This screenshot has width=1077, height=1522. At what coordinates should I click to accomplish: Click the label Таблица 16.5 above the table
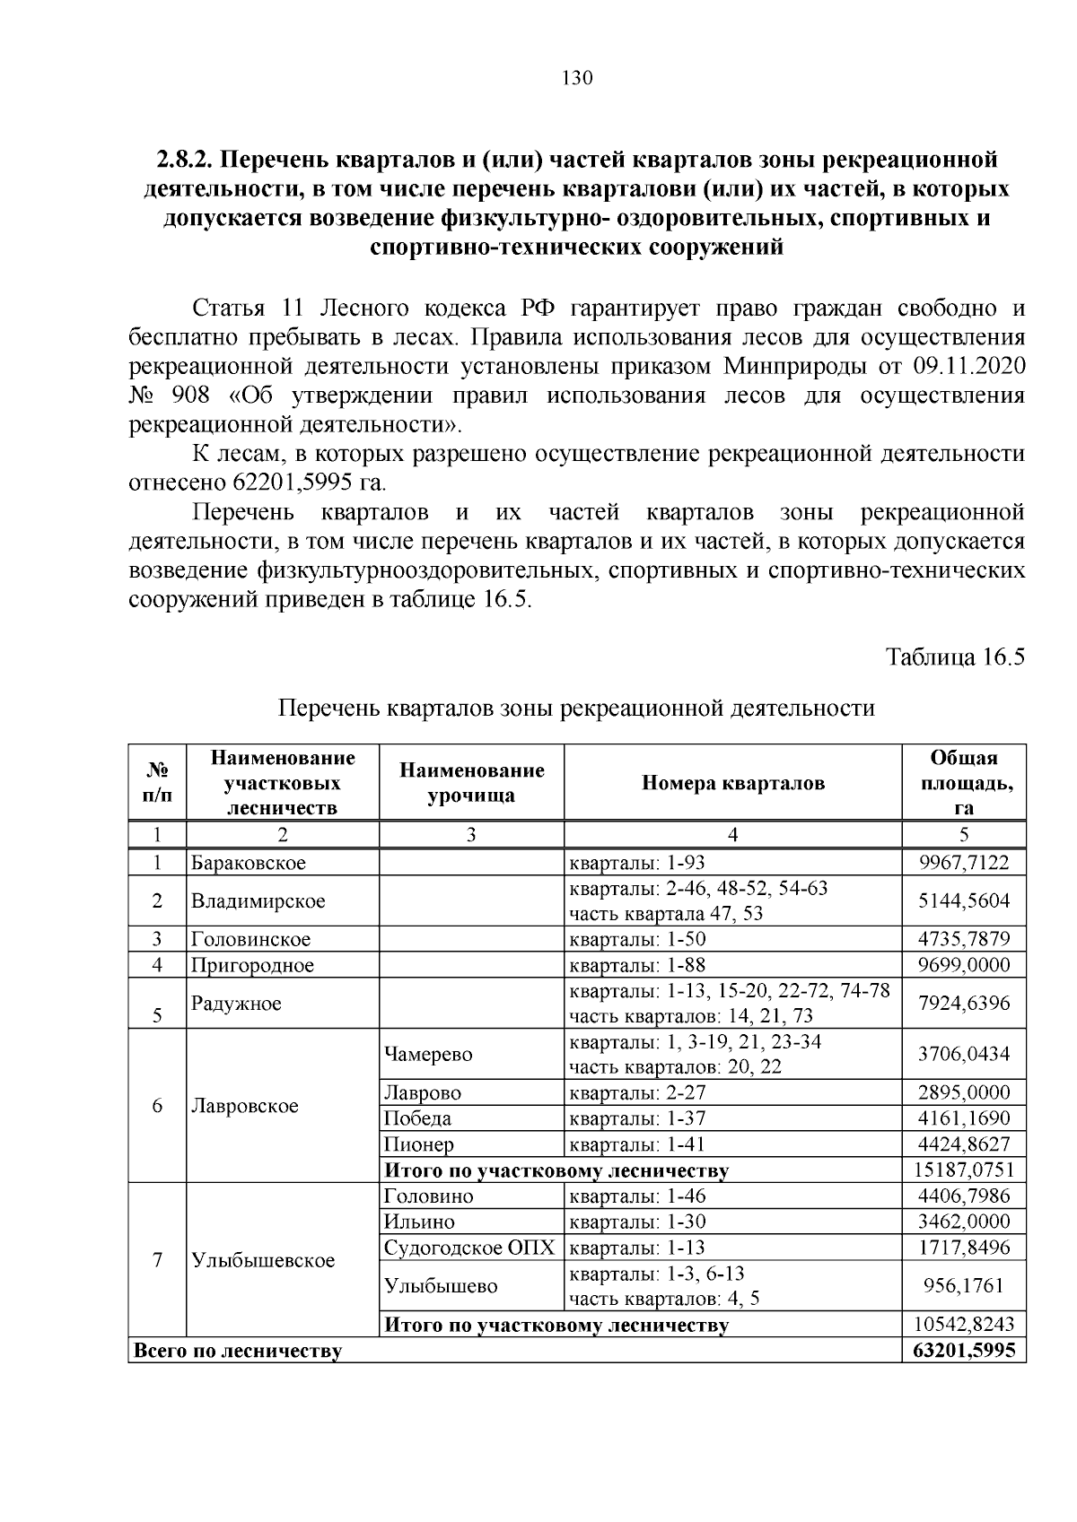point(955,657)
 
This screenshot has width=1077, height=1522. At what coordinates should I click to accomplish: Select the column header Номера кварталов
point(732,783)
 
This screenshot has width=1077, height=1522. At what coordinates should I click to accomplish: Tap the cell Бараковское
point(248,863)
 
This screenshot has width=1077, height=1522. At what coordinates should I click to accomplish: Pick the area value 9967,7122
point(963,863)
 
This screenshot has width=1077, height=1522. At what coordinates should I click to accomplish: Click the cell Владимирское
point(258,900)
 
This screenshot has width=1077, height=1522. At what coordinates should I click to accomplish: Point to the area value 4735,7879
point(963,939)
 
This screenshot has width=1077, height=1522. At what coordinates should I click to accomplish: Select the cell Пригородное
point(252,965)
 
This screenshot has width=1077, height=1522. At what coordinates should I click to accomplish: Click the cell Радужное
point(236,1003)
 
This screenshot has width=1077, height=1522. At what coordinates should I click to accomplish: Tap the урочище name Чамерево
point(427,1054)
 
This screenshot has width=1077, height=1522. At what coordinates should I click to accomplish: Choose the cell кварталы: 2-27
point(631,1092)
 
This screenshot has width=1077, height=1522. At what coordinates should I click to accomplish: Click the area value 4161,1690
point(963,1118)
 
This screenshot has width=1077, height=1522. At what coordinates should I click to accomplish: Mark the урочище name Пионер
point(418,1144)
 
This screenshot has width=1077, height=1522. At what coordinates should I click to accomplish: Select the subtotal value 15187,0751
point(963,1170)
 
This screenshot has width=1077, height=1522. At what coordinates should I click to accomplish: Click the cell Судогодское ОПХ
point(469,1248)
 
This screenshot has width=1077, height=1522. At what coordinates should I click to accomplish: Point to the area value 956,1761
point(963,1285)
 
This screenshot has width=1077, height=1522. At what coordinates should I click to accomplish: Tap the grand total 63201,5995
point(963,1350)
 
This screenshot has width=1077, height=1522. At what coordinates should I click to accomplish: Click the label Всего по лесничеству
point(237,1351)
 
